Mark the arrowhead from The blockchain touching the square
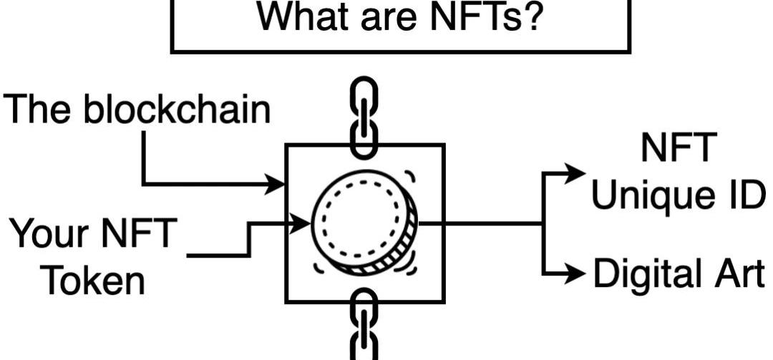coord(278,184)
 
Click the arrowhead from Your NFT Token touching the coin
coord(303,223)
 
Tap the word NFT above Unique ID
coord(677,149)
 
